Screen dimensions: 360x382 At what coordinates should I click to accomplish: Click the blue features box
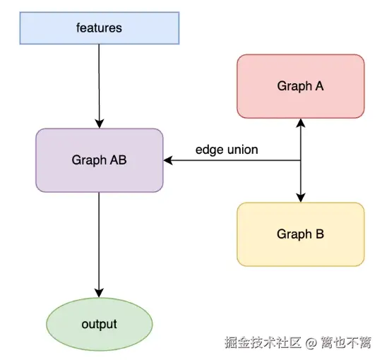tap(99, 28)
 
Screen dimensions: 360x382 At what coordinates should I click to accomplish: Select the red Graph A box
tap(301, 86)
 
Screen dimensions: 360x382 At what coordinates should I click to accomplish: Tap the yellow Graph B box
tap(301, 234)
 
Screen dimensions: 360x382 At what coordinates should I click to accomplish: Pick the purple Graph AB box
tap(99, 160)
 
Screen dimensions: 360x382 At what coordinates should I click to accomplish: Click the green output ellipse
tap(99, 325)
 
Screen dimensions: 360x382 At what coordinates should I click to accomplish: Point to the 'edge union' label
tap(227, 150)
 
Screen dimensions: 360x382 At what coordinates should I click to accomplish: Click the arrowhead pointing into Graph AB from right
tap(169, 160)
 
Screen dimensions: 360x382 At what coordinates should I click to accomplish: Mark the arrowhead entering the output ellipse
tap(99, 293)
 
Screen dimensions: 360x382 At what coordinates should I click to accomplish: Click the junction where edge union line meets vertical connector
tap(302, 160)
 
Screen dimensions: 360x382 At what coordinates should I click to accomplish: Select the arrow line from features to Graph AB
tap(99, 81)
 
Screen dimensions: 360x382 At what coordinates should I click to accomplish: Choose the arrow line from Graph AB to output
tap(99, 240)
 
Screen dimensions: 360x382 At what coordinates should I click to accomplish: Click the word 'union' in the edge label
tap(242, 150)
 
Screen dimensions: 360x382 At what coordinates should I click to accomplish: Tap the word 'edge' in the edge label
tap(208, 150)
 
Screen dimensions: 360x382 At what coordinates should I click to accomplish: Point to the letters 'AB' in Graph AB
tap(119, 160)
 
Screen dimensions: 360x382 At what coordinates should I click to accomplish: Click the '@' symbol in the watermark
tap(312, 343)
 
